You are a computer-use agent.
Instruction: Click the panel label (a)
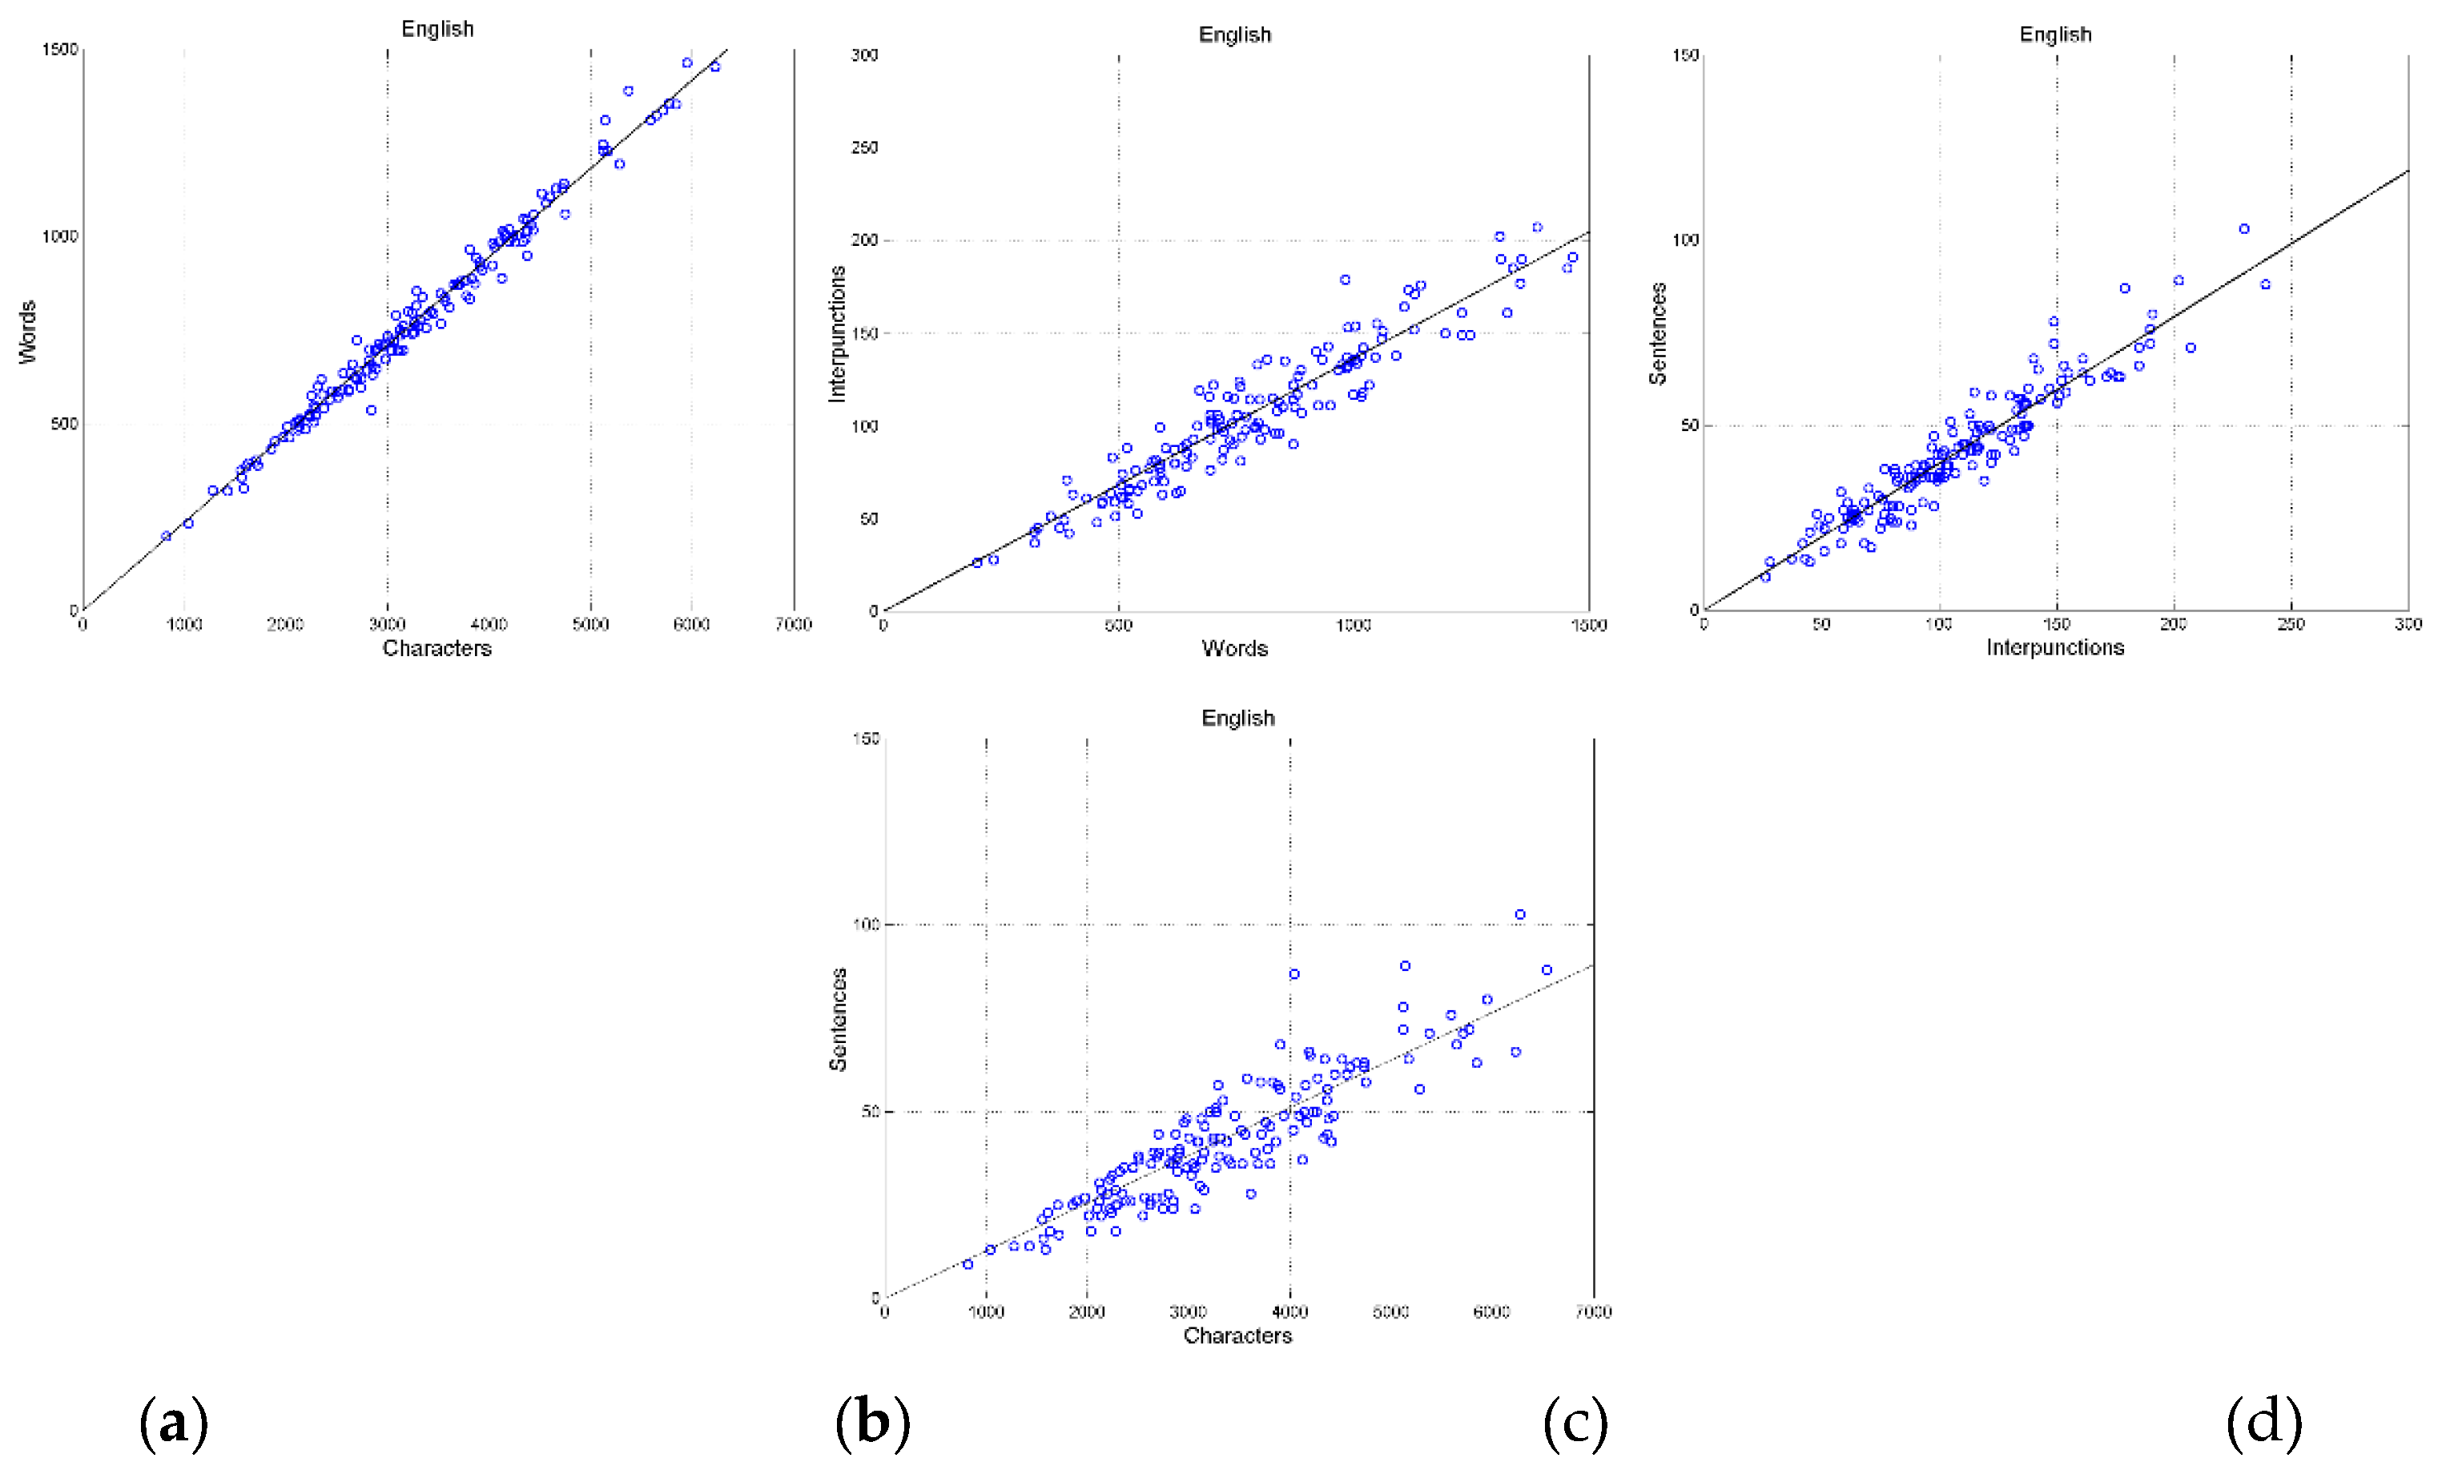pyautogui.click(x=174, y=1423)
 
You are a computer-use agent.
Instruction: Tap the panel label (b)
pyautogui.click(x=872, y=1423)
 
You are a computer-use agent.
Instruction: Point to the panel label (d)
pyautogui.click(x=2263, y=1423)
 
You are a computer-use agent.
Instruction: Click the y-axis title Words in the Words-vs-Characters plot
pyautogui.click(x=28, y=332)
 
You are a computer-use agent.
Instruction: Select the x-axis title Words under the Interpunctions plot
pyautogui.click(x=1234, y=649)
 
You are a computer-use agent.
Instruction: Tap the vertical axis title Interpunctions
pyautogui.click(x=837, y=334)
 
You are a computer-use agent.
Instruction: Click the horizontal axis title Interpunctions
pyautogui.click(x=2054, y=647)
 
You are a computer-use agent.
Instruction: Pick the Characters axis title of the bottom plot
pyautogui.click(x=1237, y=1336)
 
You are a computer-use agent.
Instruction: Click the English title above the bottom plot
pyautogui.click(x=1237, y=718)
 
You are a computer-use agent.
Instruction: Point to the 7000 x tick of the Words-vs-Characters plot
pyautogui.click(x=794, y=625)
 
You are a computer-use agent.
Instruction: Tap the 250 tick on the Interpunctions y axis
pyautogui.click(x=864, y=148)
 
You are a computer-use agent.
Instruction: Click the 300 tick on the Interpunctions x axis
pyautogui.click(x=2408, y=625)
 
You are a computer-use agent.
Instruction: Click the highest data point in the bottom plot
pyautogui.click(x=1519, y=915)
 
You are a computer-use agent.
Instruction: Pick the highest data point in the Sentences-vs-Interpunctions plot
pyautogui.click(x=2243, y=229)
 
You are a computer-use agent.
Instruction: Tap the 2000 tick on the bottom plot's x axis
pyautogui.click(x=1087, y=1312)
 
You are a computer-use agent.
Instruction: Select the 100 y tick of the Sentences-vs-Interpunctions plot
pyautogui.click(x=1684, y=240)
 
